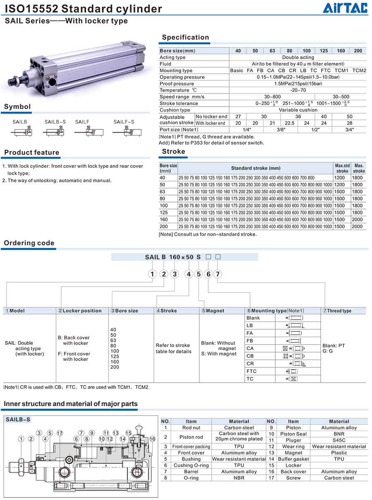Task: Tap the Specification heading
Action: pos(185,37)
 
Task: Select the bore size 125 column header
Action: pos(324,51)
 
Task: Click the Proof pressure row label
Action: pos(176,83)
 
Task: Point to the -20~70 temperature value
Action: pos(298,90)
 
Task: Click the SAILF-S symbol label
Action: pos(124,122)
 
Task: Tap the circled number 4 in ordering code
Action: pos(189,274)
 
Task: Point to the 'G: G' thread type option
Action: pos(327,351)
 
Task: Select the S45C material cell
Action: pos(339,440)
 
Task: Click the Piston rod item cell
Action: pos(191,437)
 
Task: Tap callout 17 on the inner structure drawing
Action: pos(60,433)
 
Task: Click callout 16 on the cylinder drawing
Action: pos(152,439)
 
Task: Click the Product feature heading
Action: pos(32,152)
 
